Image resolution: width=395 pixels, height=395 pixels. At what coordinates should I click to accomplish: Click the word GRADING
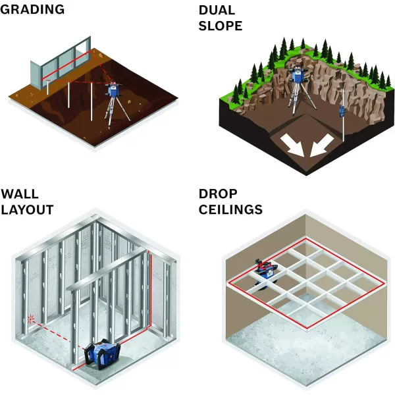(x=32, y=9)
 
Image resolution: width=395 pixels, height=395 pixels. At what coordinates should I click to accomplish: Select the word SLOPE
(x=221, y=26)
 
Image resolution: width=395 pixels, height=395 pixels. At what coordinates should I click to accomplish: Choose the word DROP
(x=218, y=195)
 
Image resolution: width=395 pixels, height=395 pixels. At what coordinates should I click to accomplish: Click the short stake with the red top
(x=47, y=82)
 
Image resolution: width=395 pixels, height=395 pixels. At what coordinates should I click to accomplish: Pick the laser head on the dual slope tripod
(x=300, y=78)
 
